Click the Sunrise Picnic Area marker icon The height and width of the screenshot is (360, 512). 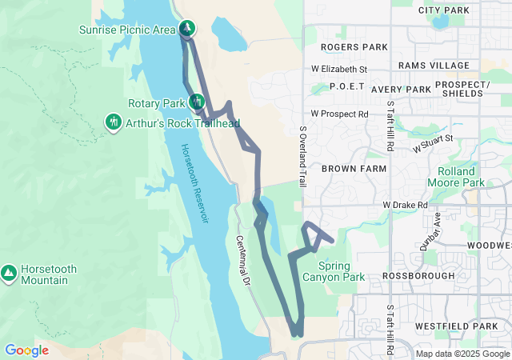187,29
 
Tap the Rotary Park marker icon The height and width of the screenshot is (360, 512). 196,102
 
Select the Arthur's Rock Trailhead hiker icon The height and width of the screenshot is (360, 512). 114,122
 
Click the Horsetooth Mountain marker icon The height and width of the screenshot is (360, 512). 9,273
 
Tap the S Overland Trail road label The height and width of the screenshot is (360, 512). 303,156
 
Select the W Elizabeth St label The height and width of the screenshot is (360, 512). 339,70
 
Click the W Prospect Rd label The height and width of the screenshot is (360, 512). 339,114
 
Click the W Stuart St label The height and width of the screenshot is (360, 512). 433,144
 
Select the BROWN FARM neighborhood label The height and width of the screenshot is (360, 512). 353,169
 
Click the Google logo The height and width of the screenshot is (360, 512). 26,350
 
